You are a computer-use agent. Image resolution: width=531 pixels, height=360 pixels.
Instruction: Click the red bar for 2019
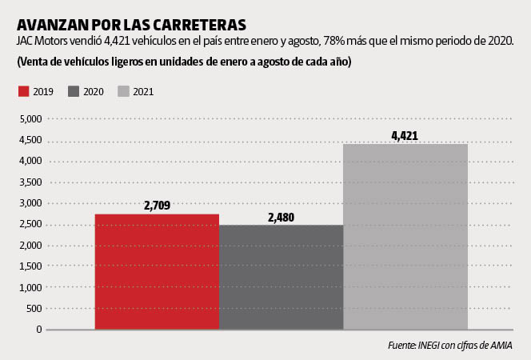pyautogui.click(x=157, y=271)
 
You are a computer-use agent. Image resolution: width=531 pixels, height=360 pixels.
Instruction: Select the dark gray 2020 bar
pyautogui.click(x=281, y=277)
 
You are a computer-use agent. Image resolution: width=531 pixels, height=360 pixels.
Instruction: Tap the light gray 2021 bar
pyautogui.click(x=405, y=236)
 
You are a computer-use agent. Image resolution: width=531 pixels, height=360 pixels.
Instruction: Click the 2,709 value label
pyautogui.click(x=157, y=206)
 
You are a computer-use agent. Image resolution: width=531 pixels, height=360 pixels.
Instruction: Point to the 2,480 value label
pyautogui.click(x=281, y=217)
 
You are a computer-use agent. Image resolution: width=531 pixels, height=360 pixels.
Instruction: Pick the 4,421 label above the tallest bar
pyautogui.click(x=405, y=136)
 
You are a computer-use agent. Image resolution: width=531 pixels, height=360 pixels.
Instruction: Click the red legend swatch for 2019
pyautogui.click(x=23, y=92)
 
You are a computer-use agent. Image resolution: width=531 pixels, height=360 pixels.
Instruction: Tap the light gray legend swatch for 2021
pyautogui.click(x=123, y=92)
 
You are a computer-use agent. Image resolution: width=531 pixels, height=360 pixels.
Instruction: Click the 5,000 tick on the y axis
pyautogui.click(x=30, y=119)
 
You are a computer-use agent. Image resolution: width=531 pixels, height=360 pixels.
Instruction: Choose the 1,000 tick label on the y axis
pyautogui.click(x=30, y=287)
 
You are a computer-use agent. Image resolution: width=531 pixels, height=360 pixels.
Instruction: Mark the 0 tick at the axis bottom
pyautogui.click(x=38, y=329)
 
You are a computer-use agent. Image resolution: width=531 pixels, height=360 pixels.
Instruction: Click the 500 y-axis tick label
pyautogui.click(x=34, y=308)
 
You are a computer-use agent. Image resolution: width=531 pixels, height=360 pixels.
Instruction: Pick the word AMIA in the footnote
pyautogui.click(x=499, y=346)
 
